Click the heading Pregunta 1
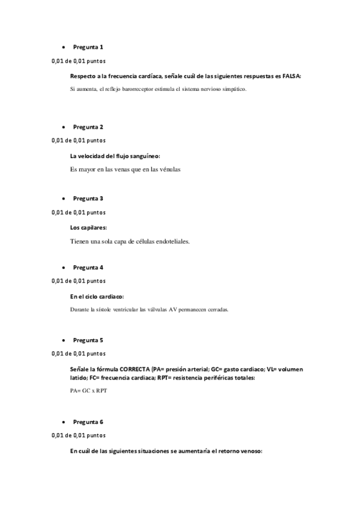(88, 47)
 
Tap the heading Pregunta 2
(88, 127)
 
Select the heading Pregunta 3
(88, 198)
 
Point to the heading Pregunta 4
(88, 267)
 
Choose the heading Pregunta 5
(88, 340)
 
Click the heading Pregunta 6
(88, 422)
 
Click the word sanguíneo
(138, 156)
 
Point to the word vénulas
(168, 169)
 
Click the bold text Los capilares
(88, 227)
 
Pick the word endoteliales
(170, 241)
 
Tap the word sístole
(106, 310)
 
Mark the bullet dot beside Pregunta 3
(63, 198)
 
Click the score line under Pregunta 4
(79, 281)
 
